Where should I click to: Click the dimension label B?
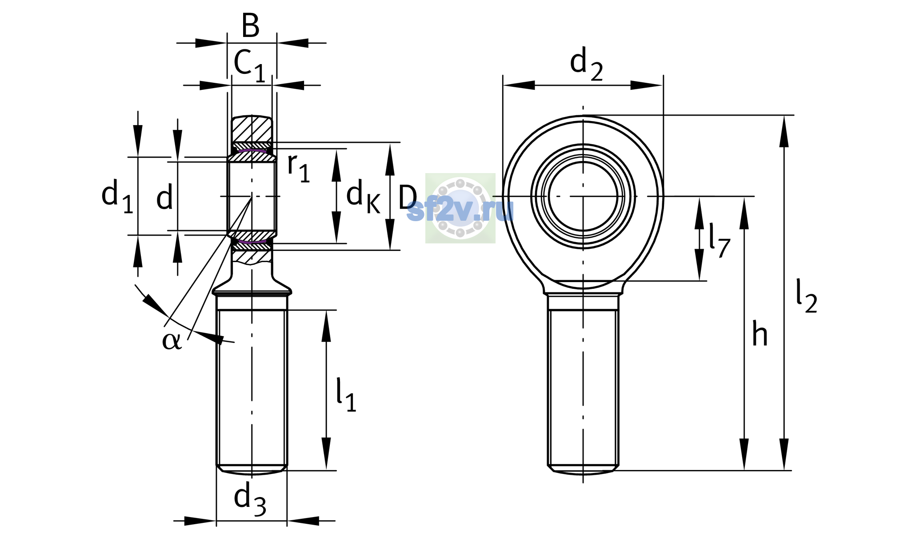tap(250, 25)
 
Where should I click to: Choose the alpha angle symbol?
tap(172, 341)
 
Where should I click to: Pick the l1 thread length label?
tap(346, 395)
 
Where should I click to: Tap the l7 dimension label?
tap(719, 240)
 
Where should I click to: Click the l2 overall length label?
tap(806, 296)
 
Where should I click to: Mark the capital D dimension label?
tap(408, 197)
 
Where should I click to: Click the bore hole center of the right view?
tap(583, 196)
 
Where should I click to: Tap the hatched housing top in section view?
tap(252, 129)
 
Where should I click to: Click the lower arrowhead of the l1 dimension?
tap(326, 454)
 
